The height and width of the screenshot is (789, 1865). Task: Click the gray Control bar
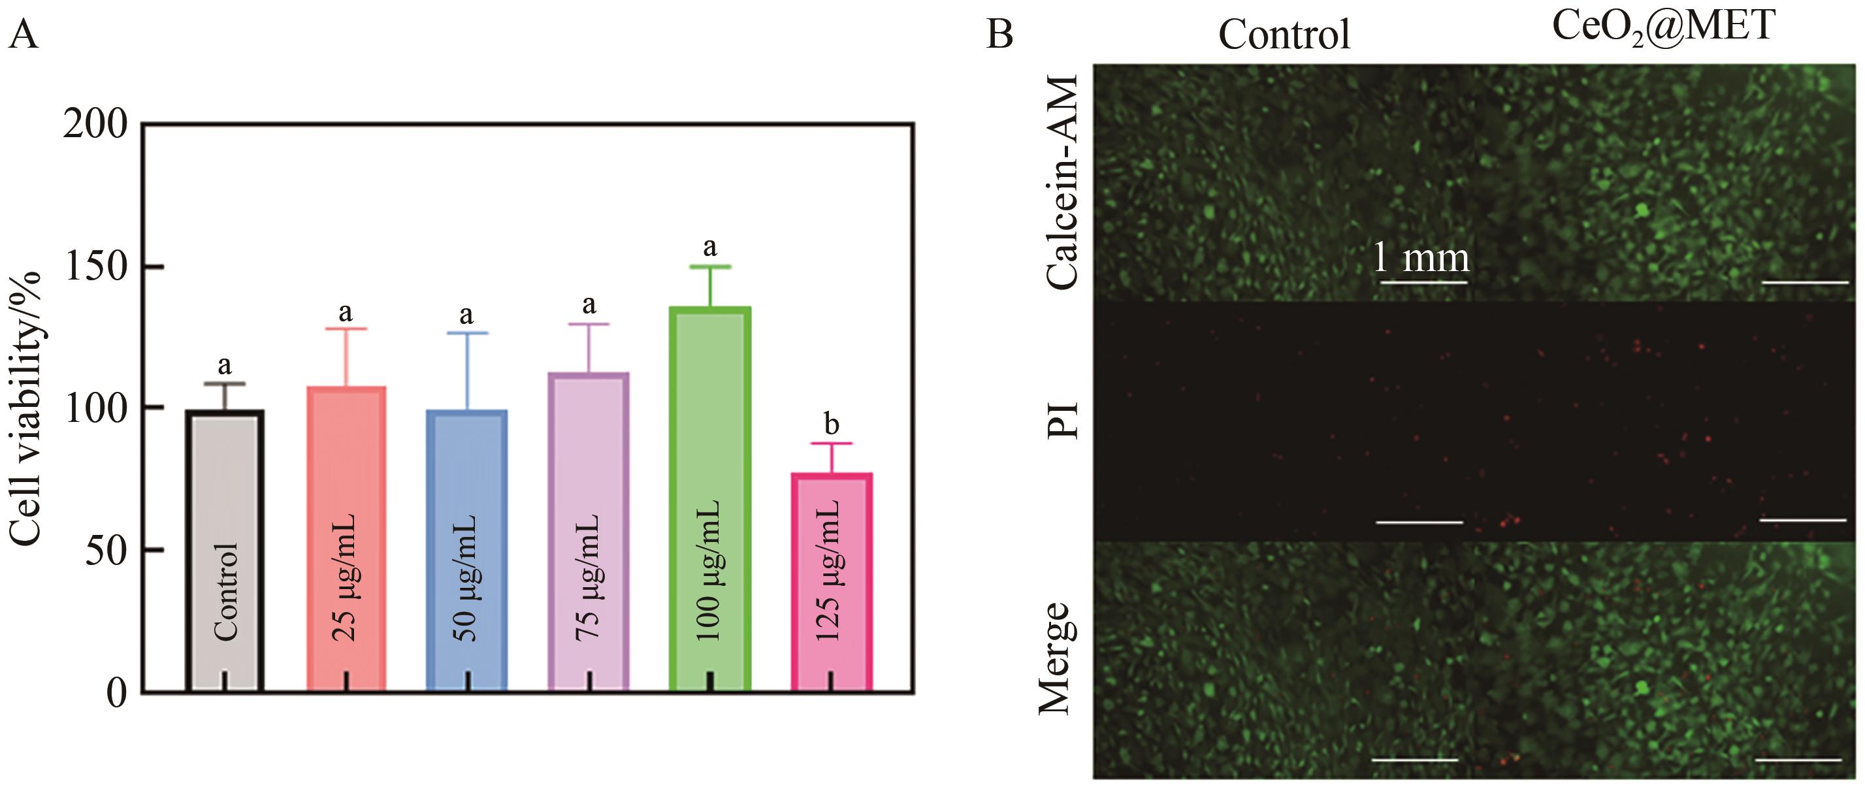(x=225, y=550)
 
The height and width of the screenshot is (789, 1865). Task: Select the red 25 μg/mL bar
(x=346, y=539)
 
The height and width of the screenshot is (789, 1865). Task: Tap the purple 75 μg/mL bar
(x=589, y=532)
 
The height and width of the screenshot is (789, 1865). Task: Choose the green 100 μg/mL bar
(x=709, y=500)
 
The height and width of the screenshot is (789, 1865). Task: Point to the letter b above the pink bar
(x=831, y=424)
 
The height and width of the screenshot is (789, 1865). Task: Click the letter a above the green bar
(x=709, y=248)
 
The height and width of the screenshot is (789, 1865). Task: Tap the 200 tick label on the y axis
(x=95, y=125)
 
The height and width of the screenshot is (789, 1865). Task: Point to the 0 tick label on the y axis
(x=116, y=693)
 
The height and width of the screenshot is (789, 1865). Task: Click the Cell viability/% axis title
(x=26, y=409)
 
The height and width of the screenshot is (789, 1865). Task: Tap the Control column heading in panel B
(x=1284, y=34)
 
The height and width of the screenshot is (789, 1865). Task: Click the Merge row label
(x=1055, y=658)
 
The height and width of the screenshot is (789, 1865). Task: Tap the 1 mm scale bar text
(x=1421, y=258)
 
